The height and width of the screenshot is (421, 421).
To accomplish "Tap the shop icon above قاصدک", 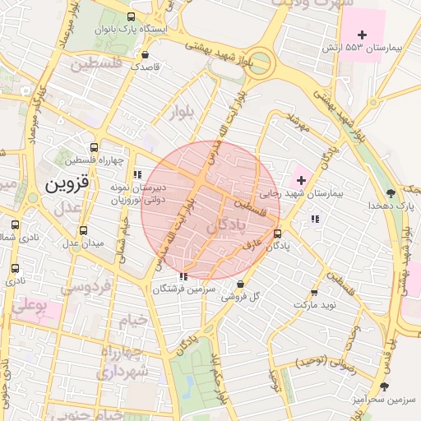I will (x=146, y=56).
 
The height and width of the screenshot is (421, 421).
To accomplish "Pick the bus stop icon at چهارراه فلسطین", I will (x=95, y=146).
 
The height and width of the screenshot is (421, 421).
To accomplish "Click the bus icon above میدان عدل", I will (x=83, y=231).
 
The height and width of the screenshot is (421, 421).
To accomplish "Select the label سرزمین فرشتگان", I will (x=183, y=289).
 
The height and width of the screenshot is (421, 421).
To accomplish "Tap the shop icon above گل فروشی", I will (x=240, y=285).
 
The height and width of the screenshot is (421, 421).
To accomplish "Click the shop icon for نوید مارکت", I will (x=314, y=293).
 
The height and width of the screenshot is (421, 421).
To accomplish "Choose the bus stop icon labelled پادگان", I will (x=277, y=233).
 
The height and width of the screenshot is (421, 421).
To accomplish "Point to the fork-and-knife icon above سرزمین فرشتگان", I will (x=183, y=277).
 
